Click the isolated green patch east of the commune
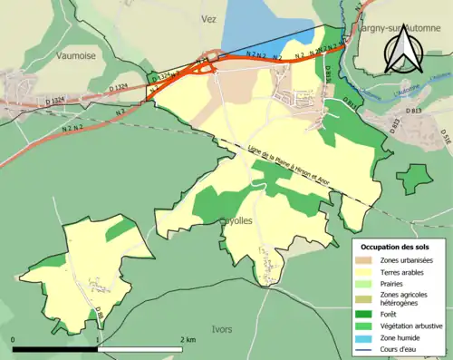[x=416, y=176]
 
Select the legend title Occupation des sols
[x=394, y=247]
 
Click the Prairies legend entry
[x=395, y=281]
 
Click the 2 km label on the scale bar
[x=187, y=339]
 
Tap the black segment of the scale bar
[x=54, y=349]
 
